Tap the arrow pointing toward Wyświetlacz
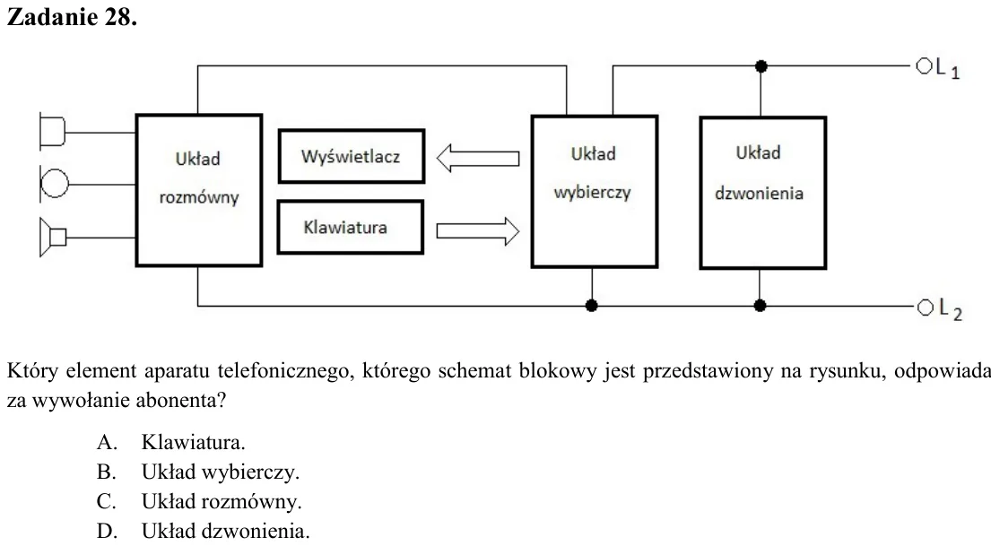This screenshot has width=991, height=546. click(478, 158)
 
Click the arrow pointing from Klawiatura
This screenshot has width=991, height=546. click(478, 230)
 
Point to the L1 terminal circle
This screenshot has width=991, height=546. click(924, 65)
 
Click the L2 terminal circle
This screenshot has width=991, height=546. click(926, 308)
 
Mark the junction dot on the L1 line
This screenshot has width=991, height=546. click(761, 65)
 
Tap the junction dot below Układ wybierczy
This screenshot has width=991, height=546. click(592, 306)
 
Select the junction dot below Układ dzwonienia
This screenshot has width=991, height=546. click(760, 306)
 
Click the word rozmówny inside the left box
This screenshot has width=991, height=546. click(199, 198)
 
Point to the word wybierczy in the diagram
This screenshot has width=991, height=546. click(593, 193)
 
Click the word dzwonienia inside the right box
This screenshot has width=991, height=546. click(759, 193)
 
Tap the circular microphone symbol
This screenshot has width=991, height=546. click(55, 183)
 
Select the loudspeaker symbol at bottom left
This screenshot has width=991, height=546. click(53, 237)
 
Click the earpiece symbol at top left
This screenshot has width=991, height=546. click(52, 132)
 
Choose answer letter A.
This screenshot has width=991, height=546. click(107, 442)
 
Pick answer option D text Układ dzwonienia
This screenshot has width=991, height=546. click(226, 531)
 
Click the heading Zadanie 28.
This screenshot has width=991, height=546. click(72, 17)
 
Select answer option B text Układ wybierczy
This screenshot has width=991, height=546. click(221, 472)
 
